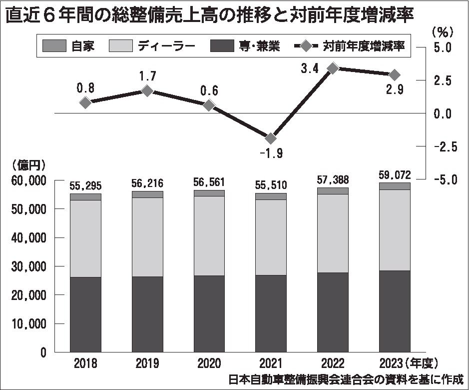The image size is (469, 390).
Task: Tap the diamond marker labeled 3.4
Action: coord(333,69)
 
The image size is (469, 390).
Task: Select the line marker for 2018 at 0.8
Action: coord(85,102)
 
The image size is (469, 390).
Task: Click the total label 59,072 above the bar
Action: coord(395,175)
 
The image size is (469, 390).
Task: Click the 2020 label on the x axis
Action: coord(209,362)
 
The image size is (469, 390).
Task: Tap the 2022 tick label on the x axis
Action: coord(333,362)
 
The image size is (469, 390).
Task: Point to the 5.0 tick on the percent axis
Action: coord(442,47)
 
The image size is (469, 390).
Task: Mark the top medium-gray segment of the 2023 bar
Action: coord(395,186)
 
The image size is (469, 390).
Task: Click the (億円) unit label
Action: coord(28,164)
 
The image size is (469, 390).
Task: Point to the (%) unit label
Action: coord(442,31)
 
